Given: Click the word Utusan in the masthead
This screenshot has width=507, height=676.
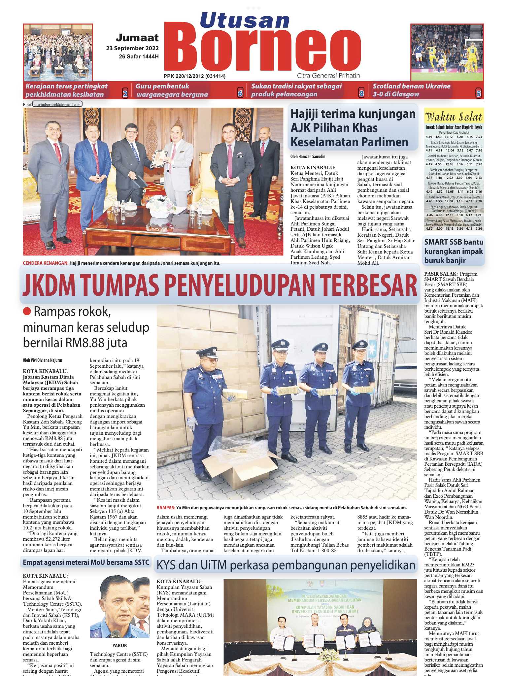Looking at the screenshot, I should click(245, 20).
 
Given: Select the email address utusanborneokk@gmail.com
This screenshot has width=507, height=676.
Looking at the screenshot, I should click(57, 105).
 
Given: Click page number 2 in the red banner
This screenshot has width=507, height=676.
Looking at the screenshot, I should click(125, 93).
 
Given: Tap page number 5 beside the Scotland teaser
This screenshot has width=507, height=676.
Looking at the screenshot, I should click(478, 93).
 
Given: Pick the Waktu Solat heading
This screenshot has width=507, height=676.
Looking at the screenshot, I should click(454, 117).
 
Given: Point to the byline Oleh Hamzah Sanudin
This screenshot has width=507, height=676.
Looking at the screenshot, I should click(308, 156).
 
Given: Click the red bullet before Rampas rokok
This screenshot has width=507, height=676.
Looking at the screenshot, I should click(27, 311).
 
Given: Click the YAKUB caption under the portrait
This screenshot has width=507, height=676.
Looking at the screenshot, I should click(119, 645).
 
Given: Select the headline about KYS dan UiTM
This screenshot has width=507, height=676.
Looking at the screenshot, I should click(286, 565).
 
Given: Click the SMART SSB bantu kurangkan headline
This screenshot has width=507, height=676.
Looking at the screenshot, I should click(454, 251).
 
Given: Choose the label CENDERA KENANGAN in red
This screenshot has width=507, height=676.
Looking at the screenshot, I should click(46, 263).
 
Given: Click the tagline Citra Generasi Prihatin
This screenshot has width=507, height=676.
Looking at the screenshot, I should click(328, 76).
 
